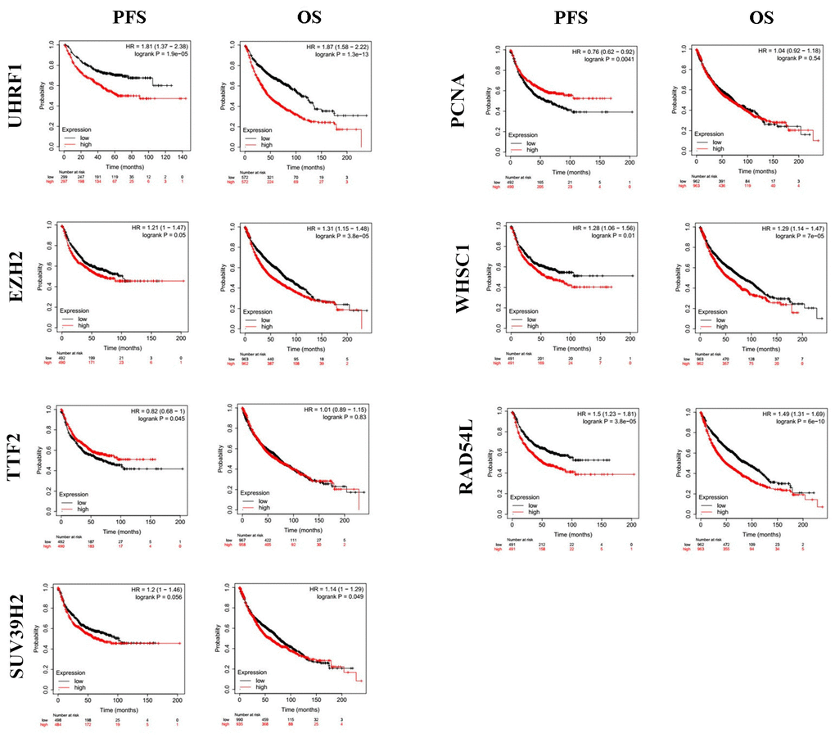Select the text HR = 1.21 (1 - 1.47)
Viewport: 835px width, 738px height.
pyautogui.click(x=156, y=227)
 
